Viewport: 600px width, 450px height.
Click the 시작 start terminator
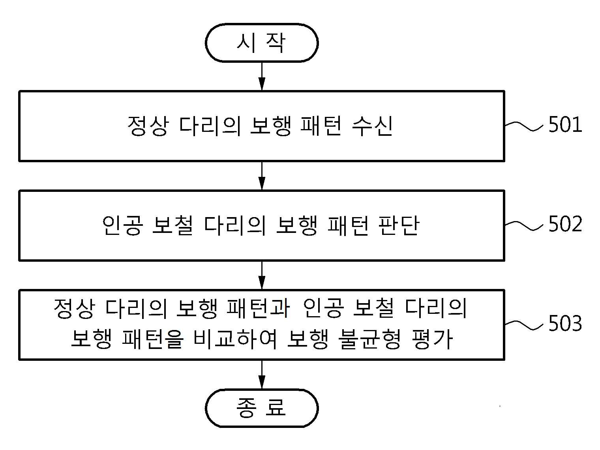[262, 43]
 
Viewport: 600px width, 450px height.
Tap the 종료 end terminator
[262, 408]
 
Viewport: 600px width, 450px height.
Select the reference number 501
[565, 125]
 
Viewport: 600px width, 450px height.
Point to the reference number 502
[565, 224]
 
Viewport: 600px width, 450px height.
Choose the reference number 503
[565, 324]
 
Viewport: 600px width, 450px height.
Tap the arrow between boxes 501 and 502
[262, 176]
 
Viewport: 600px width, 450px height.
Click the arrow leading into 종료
[262, 375]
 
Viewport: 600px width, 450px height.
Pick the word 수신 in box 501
[372, 126]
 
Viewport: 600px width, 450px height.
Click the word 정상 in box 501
[147, 126]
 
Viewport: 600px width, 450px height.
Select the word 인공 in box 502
[122, 225]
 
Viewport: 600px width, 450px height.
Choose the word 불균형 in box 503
[369, 339]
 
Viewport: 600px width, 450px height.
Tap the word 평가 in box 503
[432, 339]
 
